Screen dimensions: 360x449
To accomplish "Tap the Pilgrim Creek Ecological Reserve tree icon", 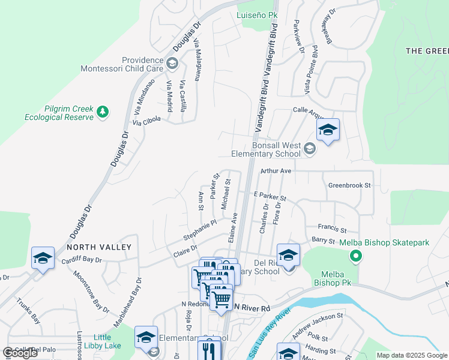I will point(103,112).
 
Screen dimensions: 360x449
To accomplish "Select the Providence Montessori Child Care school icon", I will point(172,63).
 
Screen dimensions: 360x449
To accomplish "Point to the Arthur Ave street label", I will point(276,171).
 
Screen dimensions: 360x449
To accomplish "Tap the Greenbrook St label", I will point(350,185).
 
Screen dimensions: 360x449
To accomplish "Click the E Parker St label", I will point(270,197).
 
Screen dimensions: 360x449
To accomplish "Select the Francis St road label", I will point(333,229).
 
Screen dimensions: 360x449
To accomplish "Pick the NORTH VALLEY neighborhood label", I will point(98,247).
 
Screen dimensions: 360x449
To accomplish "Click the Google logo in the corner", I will point(20,353).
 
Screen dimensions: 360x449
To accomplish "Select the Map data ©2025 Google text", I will point(411,355).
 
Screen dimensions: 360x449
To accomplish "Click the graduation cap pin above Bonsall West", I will point(328,131).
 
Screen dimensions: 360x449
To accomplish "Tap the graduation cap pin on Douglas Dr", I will point(43,258).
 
